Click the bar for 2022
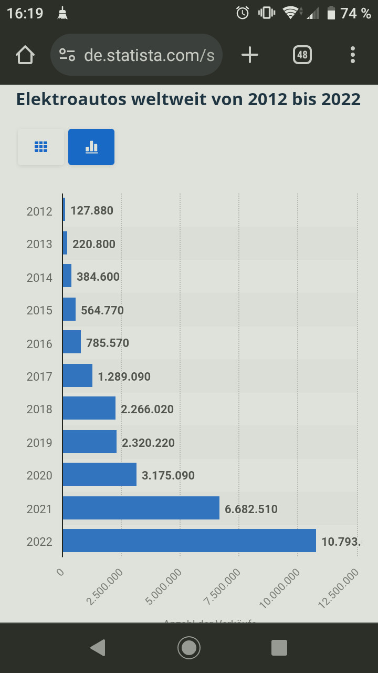click(189, 541)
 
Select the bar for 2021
click(141, 508)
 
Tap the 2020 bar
click(99, 474)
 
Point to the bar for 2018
click(89, 408)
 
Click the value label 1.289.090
click(124, 376)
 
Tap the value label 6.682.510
click(251, 509)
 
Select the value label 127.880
click(92, 211)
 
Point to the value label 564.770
click(102, 310)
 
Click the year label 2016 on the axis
click(39, 344)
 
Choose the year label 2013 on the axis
click(39, 244)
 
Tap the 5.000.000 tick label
click(164, 587)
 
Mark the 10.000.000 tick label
click(280, 587)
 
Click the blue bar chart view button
click(91, 147)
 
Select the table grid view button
click(41, 147)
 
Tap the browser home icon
click(25, 55)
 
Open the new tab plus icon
click(250, 55)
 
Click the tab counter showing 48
click(302, 55)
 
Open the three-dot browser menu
click(352, 55)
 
